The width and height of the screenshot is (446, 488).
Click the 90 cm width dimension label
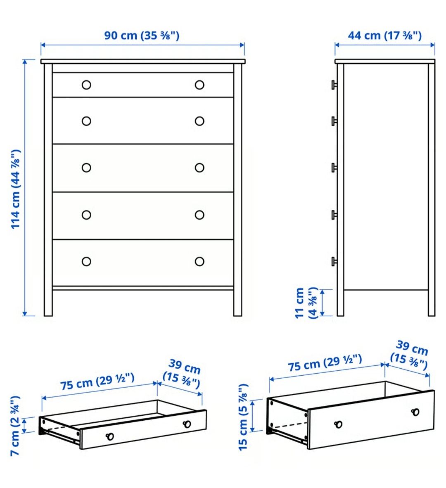pyautogui.click(x=142, y=36)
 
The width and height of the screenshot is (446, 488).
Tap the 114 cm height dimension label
pyautogui.click(x=15, y=189)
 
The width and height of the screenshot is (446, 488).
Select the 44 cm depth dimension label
pyautogui.click(x=384, y=36)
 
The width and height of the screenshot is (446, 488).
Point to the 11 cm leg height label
pyautogui.click(x=306, y=303)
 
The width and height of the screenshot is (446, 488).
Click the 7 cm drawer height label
pyautogui.click(x=15, y=425)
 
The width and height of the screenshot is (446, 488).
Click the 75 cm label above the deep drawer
pyautogui.click(x=325, y=363)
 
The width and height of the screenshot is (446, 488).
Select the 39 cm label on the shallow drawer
pyautogui.click(x=182, y=374)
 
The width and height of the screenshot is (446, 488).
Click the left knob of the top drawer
pyautogui.click(x=86, y=85)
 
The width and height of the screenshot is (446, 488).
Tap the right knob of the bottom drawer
pyautogui.click(x=199, y=261)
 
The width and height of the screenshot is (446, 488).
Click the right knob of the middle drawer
pyautogui.click(x=199, y=168)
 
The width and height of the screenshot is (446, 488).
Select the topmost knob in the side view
pyautogui.click(x=334, y=85)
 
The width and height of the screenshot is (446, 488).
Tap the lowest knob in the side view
pyautogui.click(x=334, y=261)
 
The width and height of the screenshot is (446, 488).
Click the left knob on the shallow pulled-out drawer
pyautogui.click(x=110, y=436)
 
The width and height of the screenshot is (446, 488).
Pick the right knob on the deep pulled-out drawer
pyautogui.click(x=415, y=412)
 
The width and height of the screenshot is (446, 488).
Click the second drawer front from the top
pyautogui.click(x=142, y=121)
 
